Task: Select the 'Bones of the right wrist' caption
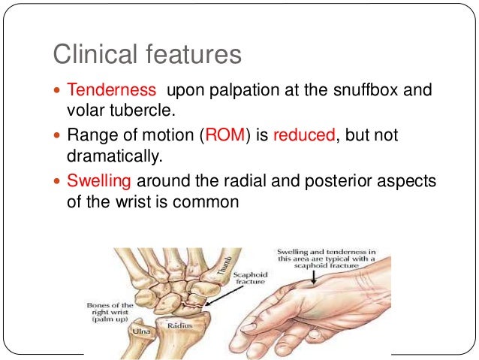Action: [x=110, y=311]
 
